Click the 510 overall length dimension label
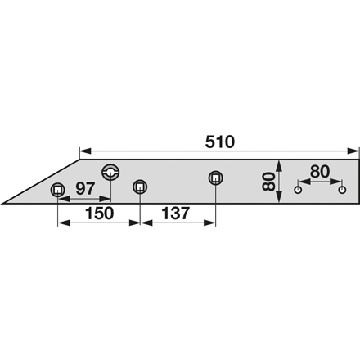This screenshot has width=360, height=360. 219,142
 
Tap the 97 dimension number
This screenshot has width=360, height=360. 85,189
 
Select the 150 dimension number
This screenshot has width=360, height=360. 99,214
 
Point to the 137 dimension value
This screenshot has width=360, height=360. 175,214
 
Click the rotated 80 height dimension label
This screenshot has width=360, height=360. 268,182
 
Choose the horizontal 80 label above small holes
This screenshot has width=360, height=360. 320,172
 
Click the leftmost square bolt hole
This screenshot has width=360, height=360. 58,189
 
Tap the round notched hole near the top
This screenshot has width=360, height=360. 110,172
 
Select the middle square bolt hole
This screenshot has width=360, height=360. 140,187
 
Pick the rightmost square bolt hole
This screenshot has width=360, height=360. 216,178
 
